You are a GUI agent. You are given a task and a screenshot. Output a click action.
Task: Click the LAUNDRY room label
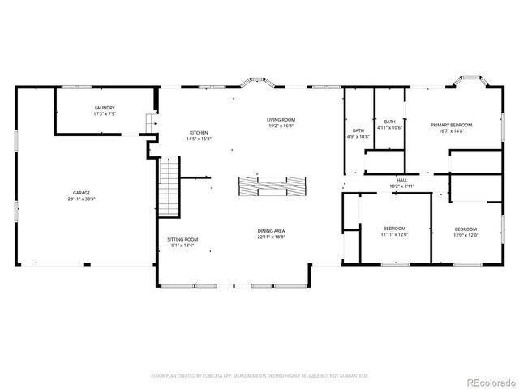click(x=104, y=108)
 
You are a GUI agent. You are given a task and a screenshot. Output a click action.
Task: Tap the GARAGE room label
click(x=79, y=193)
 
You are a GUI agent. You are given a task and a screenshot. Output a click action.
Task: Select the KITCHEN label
click(x=199, y=132)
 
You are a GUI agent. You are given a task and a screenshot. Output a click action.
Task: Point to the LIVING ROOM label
click(x=281, y=120)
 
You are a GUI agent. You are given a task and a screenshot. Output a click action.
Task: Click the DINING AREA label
click(x=271, y=231)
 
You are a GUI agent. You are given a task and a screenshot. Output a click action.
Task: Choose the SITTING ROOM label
click(x=182, y=239)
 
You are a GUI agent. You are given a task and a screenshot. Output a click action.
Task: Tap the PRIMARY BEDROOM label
click(x=451, y=125)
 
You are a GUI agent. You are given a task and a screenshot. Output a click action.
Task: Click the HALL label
click(x=401, y=180)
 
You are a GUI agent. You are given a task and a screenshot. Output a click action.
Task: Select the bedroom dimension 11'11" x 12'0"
click(x=395, y=235)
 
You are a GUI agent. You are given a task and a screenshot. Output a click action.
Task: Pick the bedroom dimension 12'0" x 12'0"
click(x=465, y=235)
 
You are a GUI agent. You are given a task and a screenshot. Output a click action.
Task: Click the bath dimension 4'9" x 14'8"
click(x=358, y=137)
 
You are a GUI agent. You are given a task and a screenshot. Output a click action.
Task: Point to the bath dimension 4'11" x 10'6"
click(x=390, y=127)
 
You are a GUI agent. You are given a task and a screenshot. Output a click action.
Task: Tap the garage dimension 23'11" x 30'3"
click(x=79, y=199)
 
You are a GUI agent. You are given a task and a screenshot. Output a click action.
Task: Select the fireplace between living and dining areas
click(x=271, y=186)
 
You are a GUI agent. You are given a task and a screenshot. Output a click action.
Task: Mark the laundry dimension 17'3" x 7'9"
click(x=104, y=113)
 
